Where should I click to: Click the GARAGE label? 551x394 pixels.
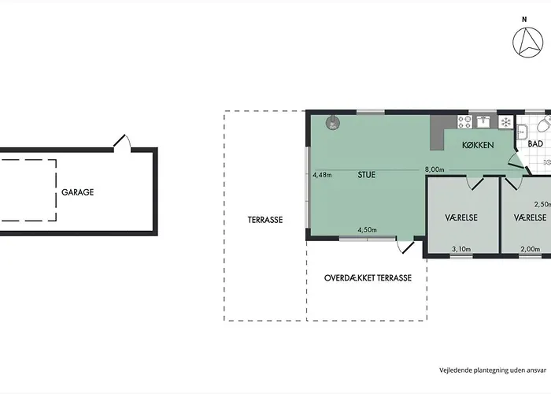(x=78, y=192)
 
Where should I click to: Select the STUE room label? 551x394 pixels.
(x=367, y=175)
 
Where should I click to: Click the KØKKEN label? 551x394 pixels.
(x=478, y=145)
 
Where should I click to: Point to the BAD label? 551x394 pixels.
(x=535, y=143)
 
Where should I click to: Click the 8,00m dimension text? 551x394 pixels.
(x=435, y=169)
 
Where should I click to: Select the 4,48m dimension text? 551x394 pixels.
(x=322, y=174)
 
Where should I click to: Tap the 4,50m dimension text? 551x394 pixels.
(x=368, y=230)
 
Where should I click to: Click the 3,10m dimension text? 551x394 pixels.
(x=461, y=249)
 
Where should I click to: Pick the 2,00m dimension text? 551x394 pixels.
(x=531, y=249)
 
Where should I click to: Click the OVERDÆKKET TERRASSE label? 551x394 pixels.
(x=368, y=278)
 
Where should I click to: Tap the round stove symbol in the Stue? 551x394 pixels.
(x=333, y=123)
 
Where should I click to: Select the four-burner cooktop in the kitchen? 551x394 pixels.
(x=464, y=121)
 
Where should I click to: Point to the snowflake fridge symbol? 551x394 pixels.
(x=506, y=122)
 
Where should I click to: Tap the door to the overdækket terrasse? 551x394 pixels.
(x=406, y=246)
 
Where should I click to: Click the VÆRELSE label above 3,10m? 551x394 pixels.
(x=461, y=217)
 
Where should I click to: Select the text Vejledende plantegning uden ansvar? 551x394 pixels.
(x=493, y=370)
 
